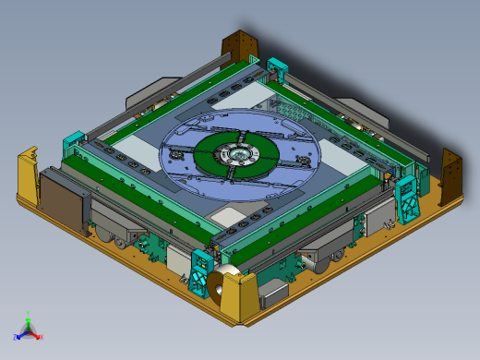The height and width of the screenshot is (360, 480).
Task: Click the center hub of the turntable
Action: [x=240, y=153]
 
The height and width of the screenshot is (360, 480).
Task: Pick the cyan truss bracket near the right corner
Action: [x=406, y=199]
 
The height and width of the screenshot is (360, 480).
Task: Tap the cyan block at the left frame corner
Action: [x=73, y=144]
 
